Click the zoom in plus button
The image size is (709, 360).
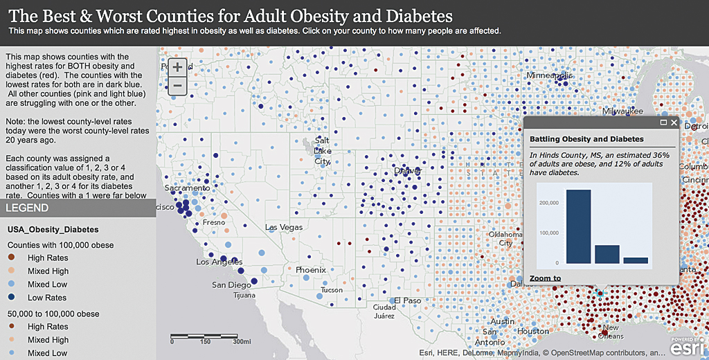coord(177,67)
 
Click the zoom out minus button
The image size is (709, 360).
coord(177,86)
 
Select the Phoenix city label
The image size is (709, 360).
coord(311,269)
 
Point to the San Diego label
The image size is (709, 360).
coord(231,285)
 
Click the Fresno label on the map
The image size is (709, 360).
coord(213,223)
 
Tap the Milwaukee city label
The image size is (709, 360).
coord(622,111)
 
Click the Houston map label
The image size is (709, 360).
coord(532,331)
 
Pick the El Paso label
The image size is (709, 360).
coord(408,300)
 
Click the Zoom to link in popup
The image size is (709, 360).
coord(545,278)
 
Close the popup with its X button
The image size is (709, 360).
coord(674,123)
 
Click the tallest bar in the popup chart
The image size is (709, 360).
coord(579,226)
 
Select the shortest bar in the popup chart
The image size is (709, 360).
coord(636,260)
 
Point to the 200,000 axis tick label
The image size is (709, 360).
coord(548,203)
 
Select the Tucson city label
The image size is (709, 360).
coord(332,289)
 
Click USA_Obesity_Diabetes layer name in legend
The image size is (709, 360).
coord(53,228)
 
